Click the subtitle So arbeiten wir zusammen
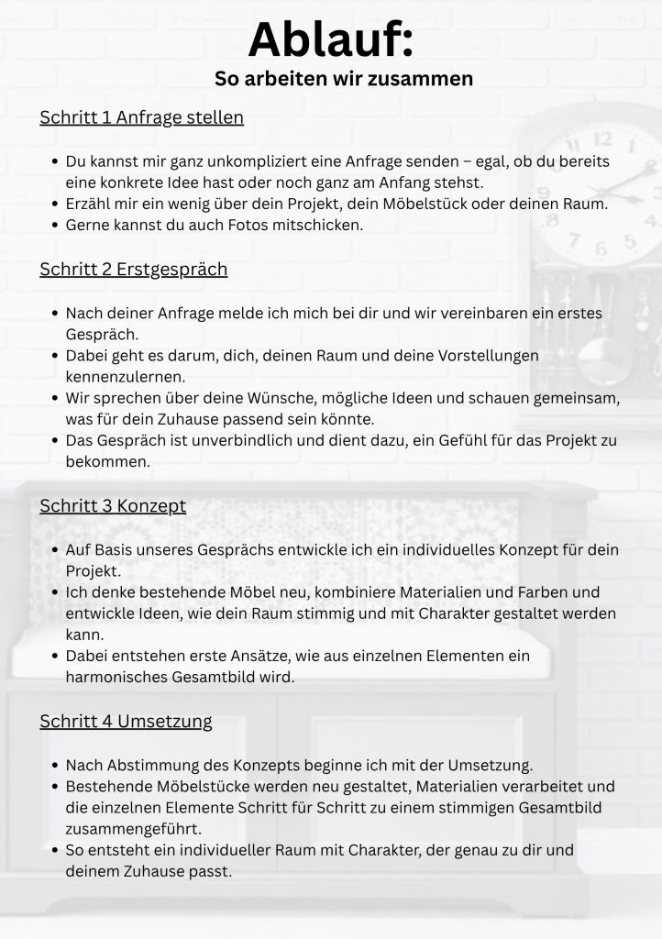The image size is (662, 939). (x=344, y=79)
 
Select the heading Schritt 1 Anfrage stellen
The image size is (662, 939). (x=141, y=118)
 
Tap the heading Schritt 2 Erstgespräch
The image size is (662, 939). (x=133, y=270)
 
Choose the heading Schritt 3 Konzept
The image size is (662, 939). (x=113, y=505)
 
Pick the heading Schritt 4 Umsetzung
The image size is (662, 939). (x=126, y=722)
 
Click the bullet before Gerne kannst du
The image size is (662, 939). (x=53, y=225)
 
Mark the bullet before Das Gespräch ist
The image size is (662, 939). (x=53, y=441)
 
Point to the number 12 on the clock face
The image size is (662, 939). (x=601, y=140)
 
